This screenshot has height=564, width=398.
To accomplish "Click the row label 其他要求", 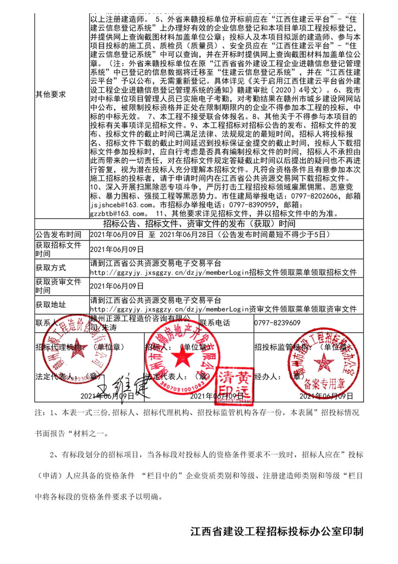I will click(x=51, y=94).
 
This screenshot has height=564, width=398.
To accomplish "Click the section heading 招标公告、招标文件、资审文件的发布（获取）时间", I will click(x=199, y=224).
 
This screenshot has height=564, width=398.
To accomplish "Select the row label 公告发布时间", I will click(x=58, y=235).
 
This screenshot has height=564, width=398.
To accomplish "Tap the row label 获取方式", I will click(x=51, y=268).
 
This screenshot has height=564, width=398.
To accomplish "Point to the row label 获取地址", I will click(x=51, y=305).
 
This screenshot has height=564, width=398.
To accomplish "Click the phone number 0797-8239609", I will click(x=277, y=323).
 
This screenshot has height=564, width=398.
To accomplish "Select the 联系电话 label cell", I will click(x=215, y=323).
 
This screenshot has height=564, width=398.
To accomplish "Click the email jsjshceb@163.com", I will click(x=121, y=205).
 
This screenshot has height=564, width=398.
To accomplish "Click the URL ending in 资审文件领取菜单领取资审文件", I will click(x=223, y=309).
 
